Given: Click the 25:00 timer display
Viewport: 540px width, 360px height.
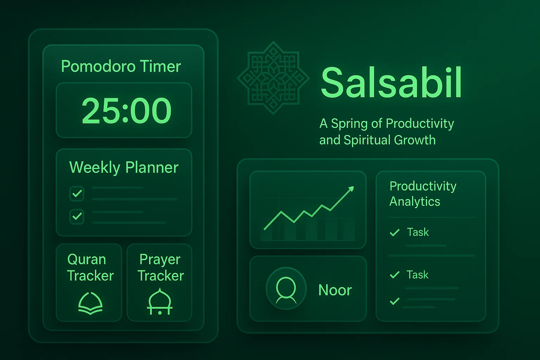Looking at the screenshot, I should pyautogui.click(x=127, y=110).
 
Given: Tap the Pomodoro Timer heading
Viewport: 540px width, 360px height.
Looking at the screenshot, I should pyautogui.click(x=121, y=66).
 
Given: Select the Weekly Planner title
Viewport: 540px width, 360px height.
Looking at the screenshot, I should pyautogui.click(x=124, y=167).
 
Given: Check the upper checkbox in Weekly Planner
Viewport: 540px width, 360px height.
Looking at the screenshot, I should pyautogui.click(x=77, y=194).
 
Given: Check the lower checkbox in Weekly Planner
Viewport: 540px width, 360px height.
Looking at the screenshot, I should pyautogui.click(x=77, y=217).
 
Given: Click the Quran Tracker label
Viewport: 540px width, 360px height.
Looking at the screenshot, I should pyautogui.click(x=90, y=268).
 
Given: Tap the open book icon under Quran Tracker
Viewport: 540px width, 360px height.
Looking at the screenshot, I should pyautogui.click(x=90, y=303).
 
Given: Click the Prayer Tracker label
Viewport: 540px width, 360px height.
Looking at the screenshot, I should pyautogui.click(x=160, y=268).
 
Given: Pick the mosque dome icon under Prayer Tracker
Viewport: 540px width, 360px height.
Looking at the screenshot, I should pyautogui.click(x=160, y=302).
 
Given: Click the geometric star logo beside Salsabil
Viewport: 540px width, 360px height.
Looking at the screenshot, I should pyautogui.click(x=273, y=78).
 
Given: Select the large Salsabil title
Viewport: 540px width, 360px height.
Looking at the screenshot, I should pyautogui.click(x=391, y=83).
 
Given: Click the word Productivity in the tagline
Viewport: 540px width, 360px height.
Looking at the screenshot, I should pyautogui.click(x=420, y=123).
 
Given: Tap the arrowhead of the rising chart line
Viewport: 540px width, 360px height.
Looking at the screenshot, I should pyautogui.click(x=351, y=189).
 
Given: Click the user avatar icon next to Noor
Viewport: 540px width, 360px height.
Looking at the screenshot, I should pyautogui.click(x=286, y=289).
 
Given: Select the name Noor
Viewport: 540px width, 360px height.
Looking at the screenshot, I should pyautogui.click(x=335, y=290).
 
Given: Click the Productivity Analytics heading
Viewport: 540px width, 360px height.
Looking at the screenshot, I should pyautogui.click(x=423, y=194).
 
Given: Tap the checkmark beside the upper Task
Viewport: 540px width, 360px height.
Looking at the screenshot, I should pyautogui.click(x=395, y=232).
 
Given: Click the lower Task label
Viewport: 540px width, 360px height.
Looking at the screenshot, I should pyautogui.click(x=417, y=275).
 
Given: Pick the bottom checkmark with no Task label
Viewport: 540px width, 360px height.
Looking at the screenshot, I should pyautogui.click(x=395, y=301).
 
